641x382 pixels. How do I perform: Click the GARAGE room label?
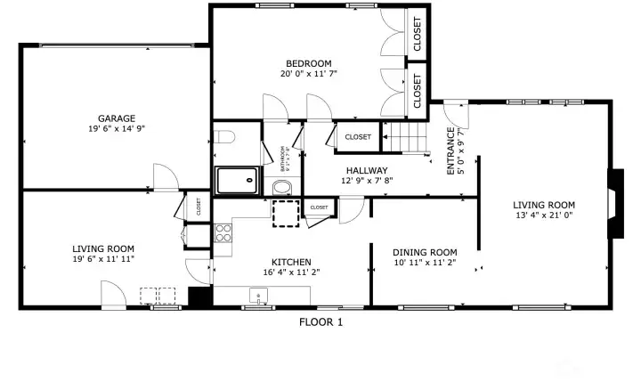click(117, 118)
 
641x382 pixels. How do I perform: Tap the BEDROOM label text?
click(308, 63)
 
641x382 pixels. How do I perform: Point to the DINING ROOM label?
click(425, 252)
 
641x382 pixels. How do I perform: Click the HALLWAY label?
click(367, 170)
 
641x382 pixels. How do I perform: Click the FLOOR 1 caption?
click(320, 322)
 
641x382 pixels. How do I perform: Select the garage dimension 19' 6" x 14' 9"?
click(117, 129)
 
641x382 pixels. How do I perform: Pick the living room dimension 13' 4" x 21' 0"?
click(543, 215)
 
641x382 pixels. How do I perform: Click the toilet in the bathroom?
click(223, 138)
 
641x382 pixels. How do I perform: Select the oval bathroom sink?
click(282, 187)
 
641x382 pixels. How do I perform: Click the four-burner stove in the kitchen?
click(223, 233)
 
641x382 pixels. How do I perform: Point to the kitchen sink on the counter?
click(260, 297)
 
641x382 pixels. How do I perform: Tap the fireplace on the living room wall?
click(614, 203)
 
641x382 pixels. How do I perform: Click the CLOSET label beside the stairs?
click(358, 137)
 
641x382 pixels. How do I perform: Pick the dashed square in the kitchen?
click(286, 214)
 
